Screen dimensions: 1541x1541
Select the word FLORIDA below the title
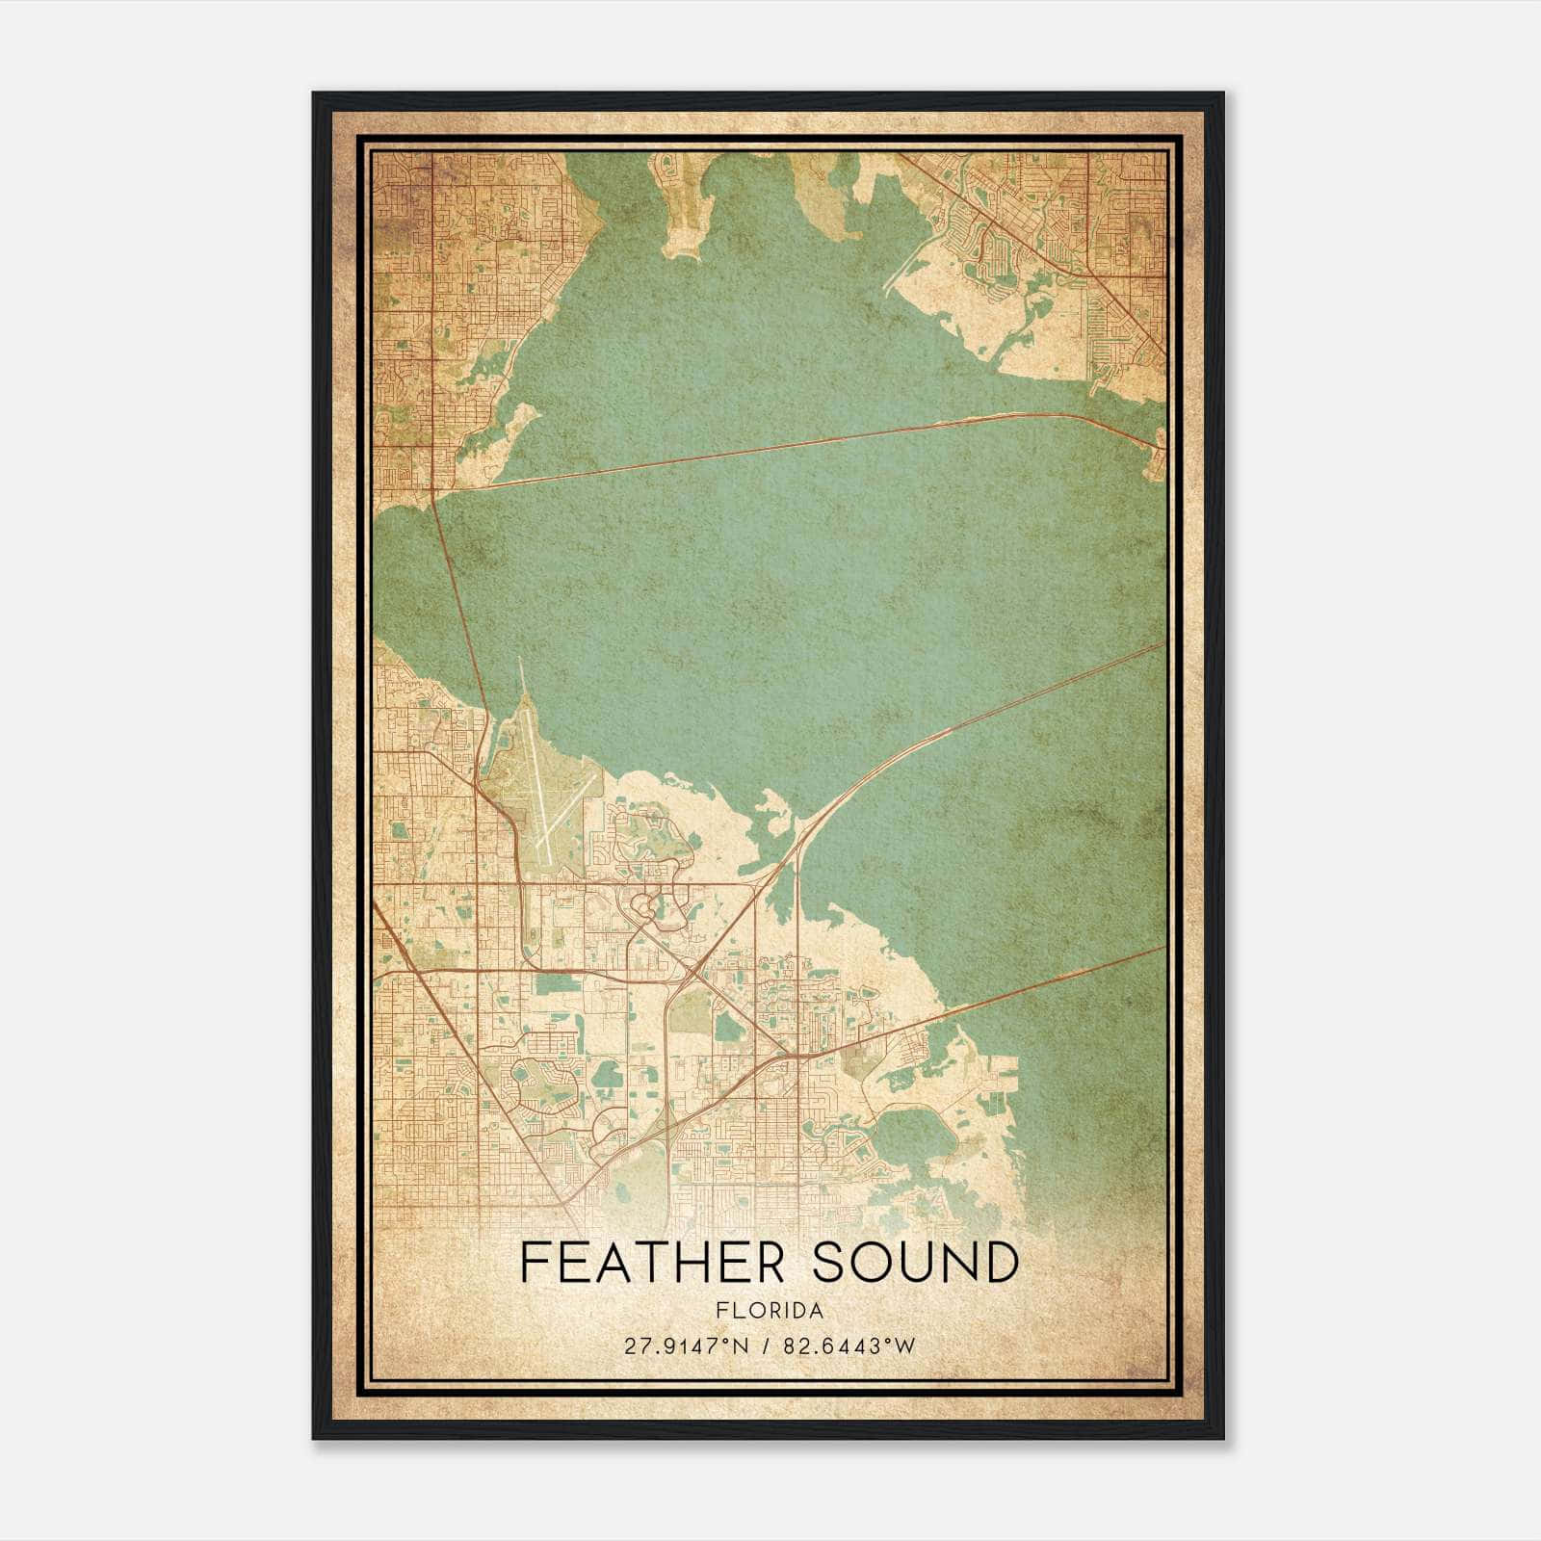coord(770,1311)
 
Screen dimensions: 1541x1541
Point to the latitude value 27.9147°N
coord(686,1346)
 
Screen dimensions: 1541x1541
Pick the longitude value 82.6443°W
coord(847,1346)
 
